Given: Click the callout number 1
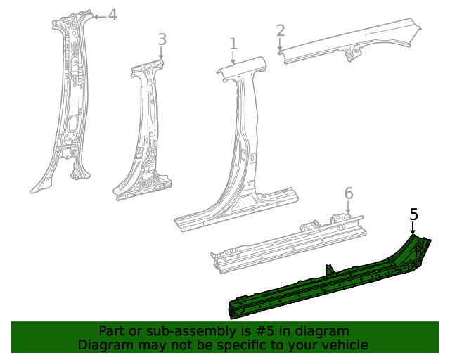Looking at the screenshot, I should pyautogui.click(x=233, y=44).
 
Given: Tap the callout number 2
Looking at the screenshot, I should pyautogui.click(x=281, y=30).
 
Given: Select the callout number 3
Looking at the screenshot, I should pyautogui.click(x=162, y=39).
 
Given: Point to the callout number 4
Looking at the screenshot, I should pyautogui.click(x=112, y=15).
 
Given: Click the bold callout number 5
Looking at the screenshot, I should pyautogui.click(x=413, y=214).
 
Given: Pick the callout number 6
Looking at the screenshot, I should pyautogui.click(x=348, y=193).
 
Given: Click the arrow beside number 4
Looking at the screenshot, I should pyautogui.click(x=99, y=15).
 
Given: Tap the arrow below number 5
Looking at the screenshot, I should pyautogui.click(x=413, y=228).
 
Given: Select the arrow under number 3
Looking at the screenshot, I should pyautogui.click(x=162, y=54).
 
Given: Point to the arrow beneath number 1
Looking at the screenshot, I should pyautogui.click(x=233, y=58).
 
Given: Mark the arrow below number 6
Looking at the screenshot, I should pyautogui.click(x=348, y=208).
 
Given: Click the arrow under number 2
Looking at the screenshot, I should pyautogui.click(x=281, y=44).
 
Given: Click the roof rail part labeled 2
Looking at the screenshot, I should pyautogui.click(x=352, y=44).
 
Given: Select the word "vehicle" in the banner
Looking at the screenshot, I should pyautogui.click(x=345, y=345).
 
